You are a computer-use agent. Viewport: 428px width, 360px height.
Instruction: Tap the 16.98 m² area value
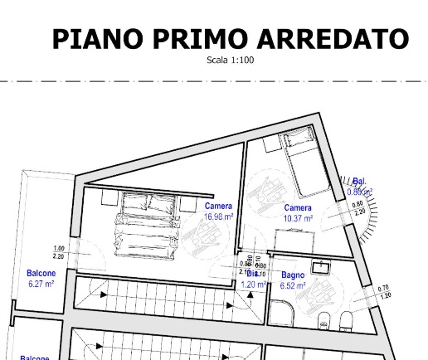pos(219,217)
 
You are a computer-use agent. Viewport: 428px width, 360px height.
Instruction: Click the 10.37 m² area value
pos(298,218)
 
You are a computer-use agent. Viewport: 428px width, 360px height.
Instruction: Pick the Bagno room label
pos(293,275)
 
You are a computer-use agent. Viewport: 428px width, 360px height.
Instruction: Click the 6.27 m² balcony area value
pos(41,284)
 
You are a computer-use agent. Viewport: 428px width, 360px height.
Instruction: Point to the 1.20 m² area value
pos(254,285)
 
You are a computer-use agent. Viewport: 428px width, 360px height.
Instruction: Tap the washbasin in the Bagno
pos(319,266)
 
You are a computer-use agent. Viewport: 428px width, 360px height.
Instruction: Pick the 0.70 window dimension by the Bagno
pos(382,288)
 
